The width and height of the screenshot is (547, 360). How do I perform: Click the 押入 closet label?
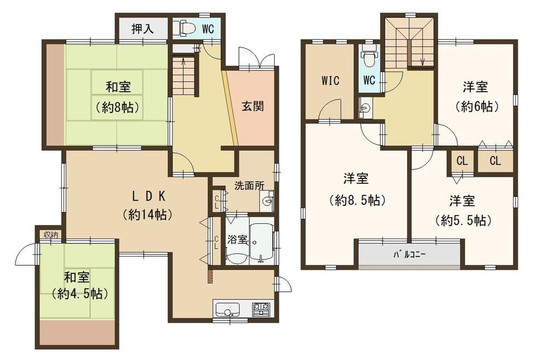pyautogui.click(x=142, y=28)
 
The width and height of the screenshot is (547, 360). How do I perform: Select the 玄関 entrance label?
pyautogui.click(x=253, y=106)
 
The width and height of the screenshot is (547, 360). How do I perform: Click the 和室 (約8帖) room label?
pyautogui.click(x=118, y=97)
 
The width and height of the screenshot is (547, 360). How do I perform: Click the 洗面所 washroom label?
pyautogui.click(x=249, y=185)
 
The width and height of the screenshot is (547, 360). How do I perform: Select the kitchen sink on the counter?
pyautogui.click(x=228, y=309)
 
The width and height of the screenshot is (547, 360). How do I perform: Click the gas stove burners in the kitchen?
pyautogui.click(x=261, y=309)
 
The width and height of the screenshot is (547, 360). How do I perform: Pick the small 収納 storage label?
pyautogui.click(x=51, y=234)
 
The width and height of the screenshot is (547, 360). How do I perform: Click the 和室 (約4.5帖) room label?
pyautogui.click(x=78, y=286)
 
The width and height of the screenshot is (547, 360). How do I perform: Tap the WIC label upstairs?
pyautogui.click(x=330, y=80)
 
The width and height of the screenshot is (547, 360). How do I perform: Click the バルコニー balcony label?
pyautogui.click(x=409, y=254)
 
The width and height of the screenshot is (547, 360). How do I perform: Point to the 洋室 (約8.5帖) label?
pyautogui.click(x=356, y=189)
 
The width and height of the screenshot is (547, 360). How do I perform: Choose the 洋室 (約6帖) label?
pyautogui.click(x=476, y=97)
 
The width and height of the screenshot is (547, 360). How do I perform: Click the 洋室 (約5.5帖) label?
pyautogui.click(x=462, y=211)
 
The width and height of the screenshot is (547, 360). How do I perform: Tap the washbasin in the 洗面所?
pyautogui.click(x=267, y=201)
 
